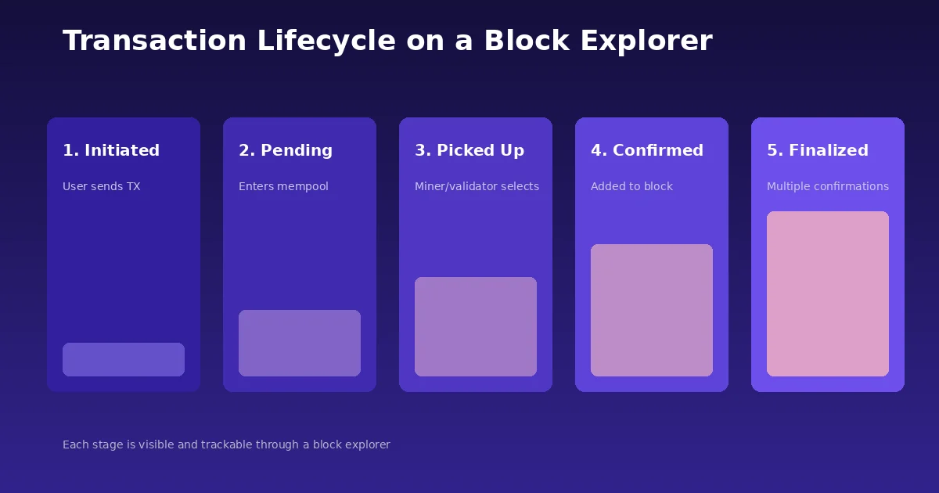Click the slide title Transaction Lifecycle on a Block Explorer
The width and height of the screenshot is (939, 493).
pyautogui.click(x=387, y=41)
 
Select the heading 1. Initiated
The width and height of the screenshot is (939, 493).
pyautogui.click(x=111, y=150)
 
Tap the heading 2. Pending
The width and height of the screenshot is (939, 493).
pyautogui.click(x=286, y=150)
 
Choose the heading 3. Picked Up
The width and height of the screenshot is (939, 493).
pyautogui.click(x=469, y=150)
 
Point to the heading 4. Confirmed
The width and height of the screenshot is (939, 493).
pyautogui.click(x=647, y=150)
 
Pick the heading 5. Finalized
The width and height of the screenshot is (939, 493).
pyautogui.click(x=818, y=150)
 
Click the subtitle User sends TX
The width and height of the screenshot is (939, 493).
pyautogui.click(x=102, y=186)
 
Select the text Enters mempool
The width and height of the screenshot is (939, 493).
pyautogui.click(x=283, y=186)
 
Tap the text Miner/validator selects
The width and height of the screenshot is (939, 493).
pyautogui.click(x=477, y=186)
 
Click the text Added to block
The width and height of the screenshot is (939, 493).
pyautogui.click(x=631, y=186)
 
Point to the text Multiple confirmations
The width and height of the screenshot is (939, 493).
pyautogui.click(x=828, y=186)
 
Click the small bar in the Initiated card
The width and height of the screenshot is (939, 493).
pyautogui.click(x=124, y=359)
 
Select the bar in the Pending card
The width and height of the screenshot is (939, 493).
pyautogui.click(x=300, y=343)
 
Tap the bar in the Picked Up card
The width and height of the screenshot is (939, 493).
pyautogui.click(x=476, y=326)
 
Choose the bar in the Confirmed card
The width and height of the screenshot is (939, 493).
pyautogui.click(x=652, y=310)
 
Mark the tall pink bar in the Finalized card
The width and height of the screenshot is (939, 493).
pyautogui.click(x=828, y=293)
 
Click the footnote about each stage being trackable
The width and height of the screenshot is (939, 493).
pyautogui.click(x=226, y=444)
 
